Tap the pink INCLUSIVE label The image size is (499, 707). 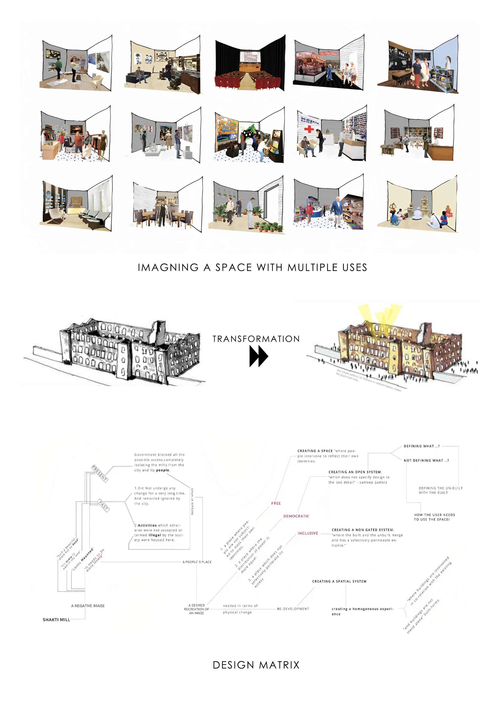click(x=308, y=533)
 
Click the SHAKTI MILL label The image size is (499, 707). click(x=56, y=620)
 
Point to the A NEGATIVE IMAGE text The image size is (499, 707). click(x=88, y=605)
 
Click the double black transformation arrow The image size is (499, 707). click(x=258, y=356)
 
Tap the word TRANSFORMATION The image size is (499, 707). click(x=256, y=339)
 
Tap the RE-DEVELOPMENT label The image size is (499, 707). click(x=293, y=609)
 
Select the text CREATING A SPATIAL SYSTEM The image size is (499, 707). click(x=339, y=581)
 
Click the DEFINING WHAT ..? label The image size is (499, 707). click(x=421, y=446)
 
